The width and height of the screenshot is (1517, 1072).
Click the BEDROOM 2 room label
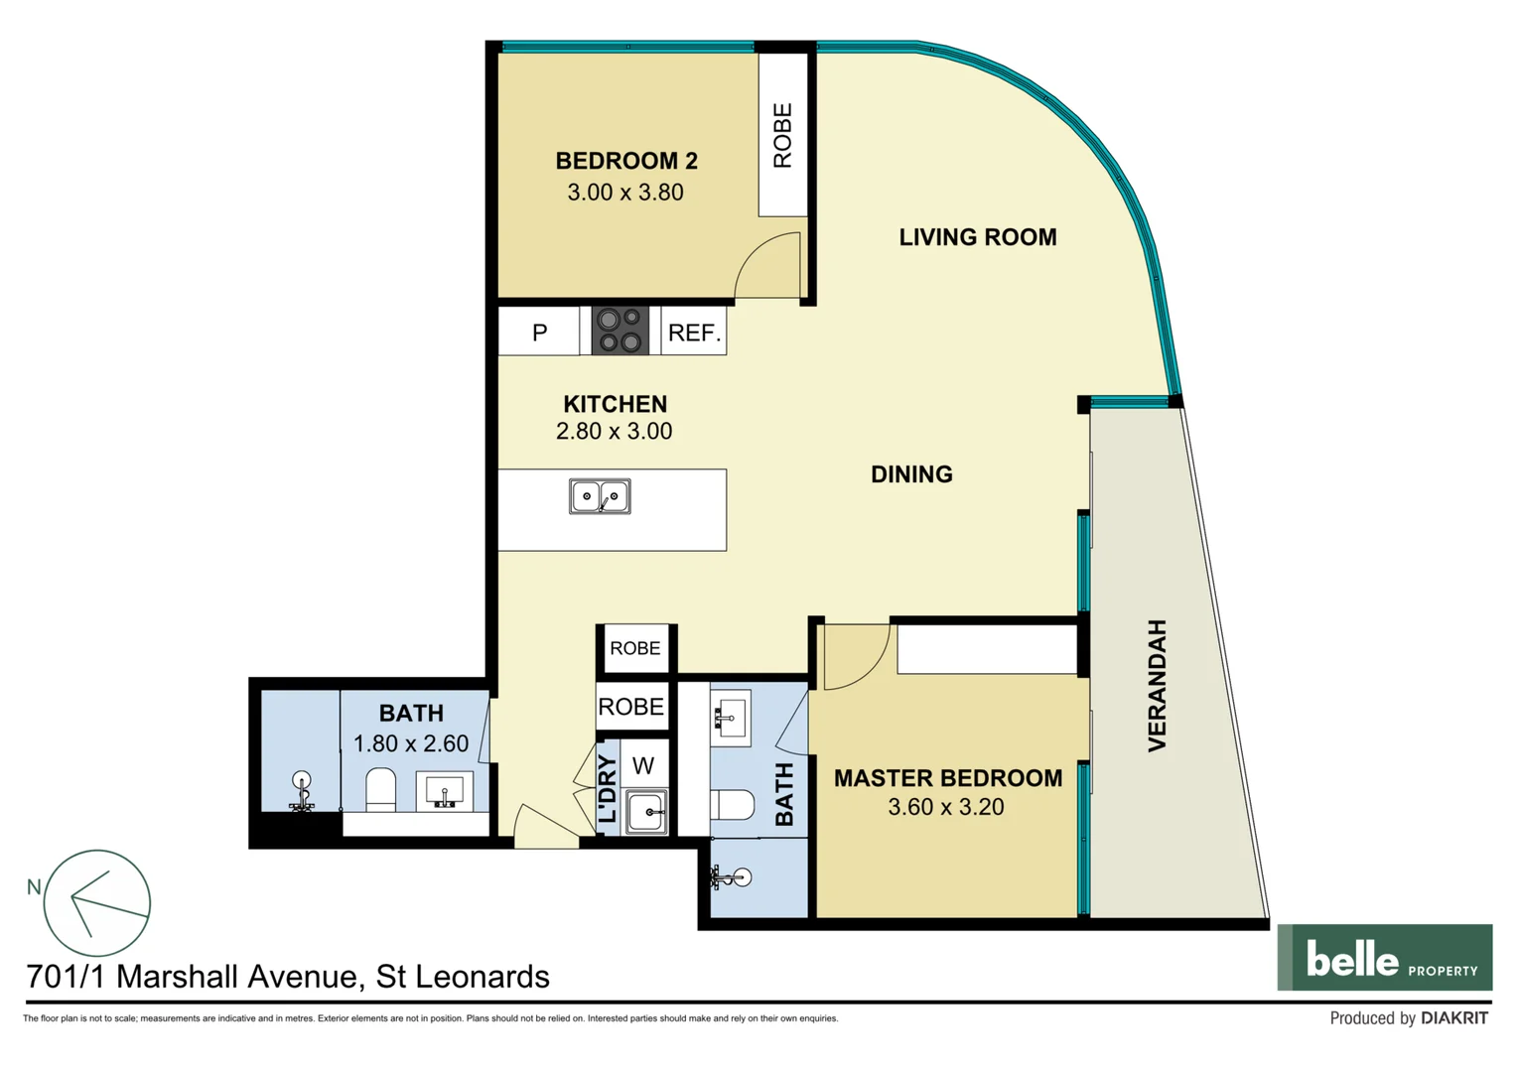(625, 161)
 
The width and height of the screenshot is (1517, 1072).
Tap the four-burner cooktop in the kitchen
(620, 331)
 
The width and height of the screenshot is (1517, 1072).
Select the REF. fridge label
(694, 333)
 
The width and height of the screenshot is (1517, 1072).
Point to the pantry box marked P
(539, 332)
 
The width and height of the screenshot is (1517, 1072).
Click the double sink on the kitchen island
(599, 496)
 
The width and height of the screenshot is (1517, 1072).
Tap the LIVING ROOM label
(977, 237)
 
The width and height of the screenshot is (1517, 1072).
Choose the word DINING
(910, 474)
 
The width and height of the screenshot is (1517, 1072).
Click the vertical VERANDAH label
(1157, 685)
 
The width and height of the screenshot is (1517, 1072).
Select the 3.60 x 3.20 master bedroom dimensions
(945, 807)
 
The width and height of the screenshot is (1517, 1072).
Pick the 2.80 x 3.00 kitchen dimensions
(614, 431)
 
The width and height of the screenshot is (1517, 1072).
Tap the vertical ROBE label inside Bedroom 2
(782, 136)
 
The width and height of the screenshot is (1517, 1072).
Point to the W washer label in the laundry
(643, 765)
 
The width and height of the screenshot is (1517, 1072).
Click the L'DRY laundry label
(608, 789)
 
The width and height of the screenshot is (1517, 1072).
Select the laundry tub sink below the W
(646, 812)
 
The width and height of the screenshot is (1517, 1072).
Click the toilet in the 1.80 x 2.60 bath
(380, 790)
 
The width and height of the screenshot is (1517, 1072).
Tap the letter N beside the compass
(34, 886)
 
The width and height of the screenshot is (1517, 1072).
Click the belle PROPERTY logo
(1384, 958)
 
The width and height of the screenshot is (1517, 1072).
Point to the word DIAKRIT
(1453, 1018)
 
